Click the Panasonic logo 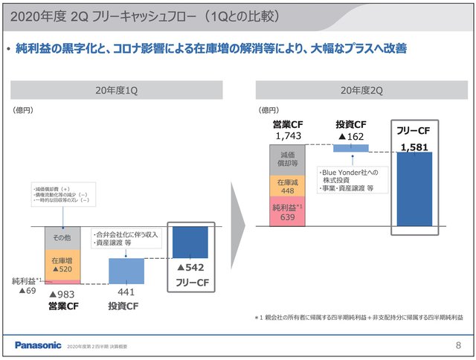tap(38, 345)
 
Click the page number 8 tap(457, 345)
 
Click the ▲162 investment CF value tap(350, 137)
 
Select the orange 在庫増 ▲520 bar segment tap(62, 265)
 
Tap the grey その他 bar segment tap(62, 238)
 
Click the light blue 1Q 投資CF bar tap(126, 271)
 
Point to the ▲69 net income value tap(28, 291)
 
